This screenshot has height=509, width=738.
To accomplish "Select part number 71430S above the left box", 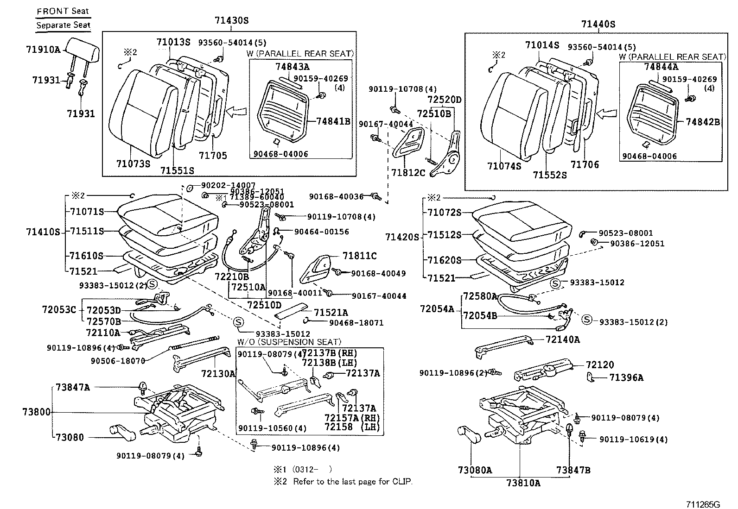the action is pyautogui.click(x=232, y=20).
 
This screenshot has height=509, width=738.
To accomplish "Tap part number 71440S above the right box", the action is pyautogui.click(x=598, y=24).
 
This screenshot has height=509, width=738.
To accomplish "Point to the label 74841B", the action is pyautogui.click(x=333, y=121).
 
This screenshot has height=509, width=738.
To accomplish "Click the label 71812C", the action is pyautogui.click(x=408, y=172).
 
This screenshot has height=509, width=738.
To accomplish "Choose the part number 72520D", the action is pyautogui.click(x=445, y=100).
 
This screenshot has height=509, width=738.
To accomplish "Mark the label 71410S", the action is pyautogui.click(x=43, y=232).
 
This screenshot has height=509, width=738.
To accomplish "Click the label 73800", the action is pyautogui.click(x=37, y=412).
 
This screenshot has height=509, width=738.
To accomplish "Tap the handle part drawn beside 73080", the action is pyautogui.click(x=122, y=432).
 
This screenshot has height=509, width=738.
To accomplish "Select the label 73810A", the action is pyautogui.click(x=523, y=483).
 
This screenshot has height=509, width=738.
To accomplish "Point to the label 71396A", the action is pyautogui.click(x=626, y=377).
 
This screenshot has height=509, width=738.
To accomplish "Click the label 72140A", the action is pyautogui.click(x=563, y=339).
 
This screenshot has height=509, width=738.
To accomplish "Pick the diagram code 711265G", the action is pyautogui.click(x=703, y=504).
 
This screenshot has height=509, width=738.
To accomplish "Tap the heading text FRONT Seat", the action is pyautogui.click(x=63, y=11).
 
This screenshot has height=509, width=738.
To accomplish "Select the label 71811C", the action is pyautogui.click(x=359, y=256).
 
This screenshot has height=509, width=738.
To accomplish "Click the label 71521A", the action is pyautogui.click(x=331, y=313).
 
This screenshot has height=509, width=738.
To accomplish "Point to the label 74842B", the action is pyautogui.click(x=703, y=122).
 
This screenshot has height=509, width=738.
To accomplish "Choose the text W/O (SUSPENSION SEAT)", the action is pyautogui.click(x=289, y=342).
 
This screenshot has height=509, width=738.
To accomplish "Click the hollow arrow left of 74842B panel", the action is pyautogui.click(x=606, y=113).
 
